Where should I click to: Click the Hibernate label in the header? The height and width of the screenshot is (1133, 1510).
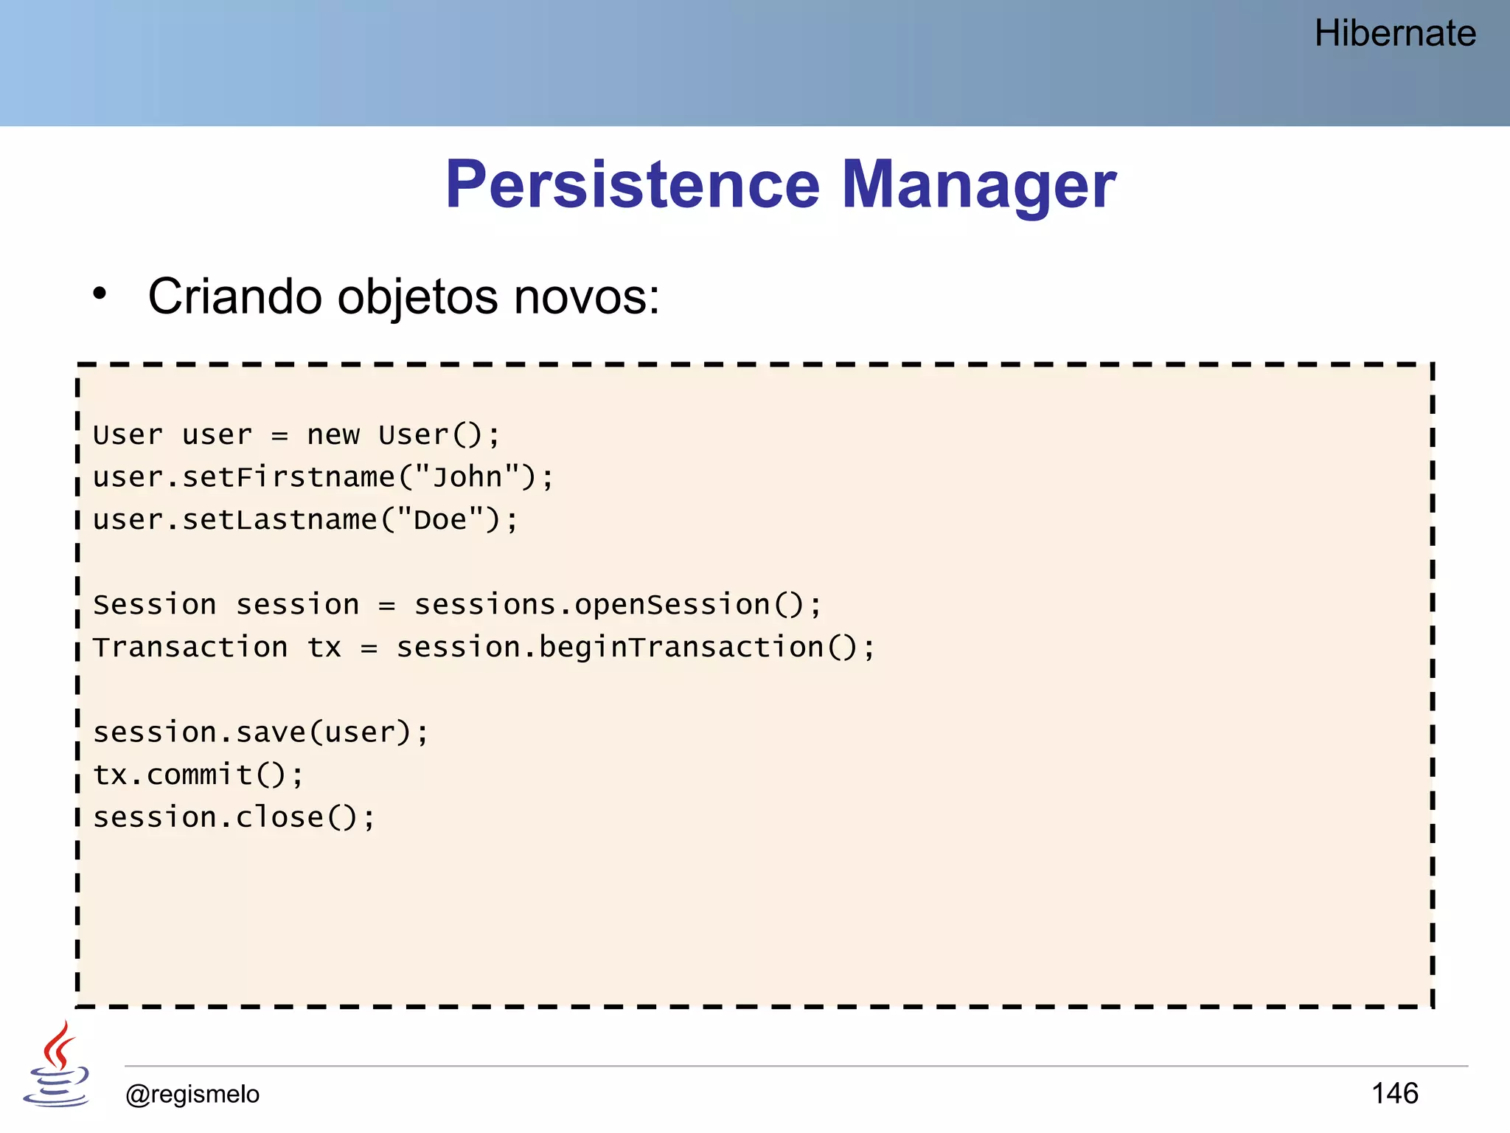click(x=1394, y=34)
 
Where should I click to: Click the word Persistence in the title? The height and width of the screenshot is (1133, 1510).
click(x=632, y=184)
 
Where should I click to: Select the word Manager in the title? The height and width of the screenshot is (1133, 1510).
click(x=978, y=184)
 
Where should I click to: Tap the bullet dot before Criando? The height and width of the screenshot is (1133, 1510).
click(x=100, y=294)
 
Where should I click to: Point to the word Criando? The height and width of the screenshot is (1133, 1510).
click(x=235, y=297)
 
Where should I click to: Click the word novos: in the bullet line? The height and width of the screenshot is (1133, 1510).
click(x=586, y=297)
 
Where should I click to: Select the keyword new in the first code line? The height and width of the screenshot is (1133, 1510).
click(x=333, y=434)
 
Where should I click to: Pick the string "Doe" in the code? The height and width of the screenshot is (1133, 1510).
click(x=440, y=520)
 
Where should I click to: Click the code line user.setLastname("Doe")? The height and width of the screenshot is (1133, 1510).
click(x=306, y=520)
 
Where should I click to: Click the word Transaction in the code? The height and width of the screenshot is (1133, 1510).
click(x=190, y=648)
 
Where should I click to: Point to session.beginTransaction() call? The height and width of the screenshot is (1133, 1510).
click(x=627, y=648)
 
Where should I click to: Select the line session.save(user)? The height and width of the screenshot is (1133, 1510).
click(x=260, y=732)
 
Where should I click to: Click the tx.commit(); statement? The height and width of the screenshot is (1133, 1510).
click(x=198, y=775)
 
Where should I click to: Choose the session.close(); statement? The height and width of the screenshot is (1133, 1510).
click(x=234, y=817)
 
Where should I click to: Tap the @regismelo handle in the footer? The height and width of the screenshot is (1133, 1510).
click(x=192, y=1094)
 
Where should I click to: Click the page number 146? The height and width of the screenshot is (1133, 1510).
click(x=1394, y=1093)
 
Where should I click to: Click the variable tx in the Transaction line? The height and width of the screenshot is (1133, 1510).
click(x=324, y=648)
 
